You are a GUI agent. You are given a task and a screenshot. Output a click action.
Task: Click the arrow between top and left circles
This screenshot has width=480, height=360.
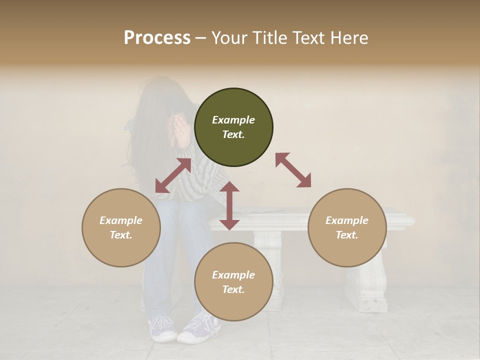tap(173, 175)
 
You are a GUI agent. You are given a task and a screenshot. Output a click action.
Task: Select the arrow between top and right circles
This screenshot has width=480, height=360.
tap(293, 170)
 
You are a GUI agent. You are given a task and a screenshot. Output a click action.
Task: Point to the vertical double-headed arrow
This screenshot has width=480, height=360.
tap(229, 205)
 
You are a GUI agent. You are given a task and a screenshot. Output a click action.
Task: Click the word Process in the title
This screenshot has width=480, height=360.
tap(157, 37)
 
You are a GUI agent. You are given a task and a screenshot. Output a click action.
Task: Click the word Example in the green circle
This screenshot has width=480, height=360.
tap(233, 120)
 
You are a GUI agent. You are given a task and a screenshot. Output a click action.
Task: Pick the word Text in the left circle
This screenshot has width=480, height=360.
tap(121, 235)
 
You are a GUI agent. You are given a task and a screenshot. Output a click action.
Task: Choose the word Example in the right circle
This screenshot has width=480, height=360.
tap(347, 220)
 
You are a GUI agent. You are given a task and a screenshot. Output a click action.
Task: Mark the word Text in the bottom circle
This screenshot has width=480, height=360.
tap(233, 289)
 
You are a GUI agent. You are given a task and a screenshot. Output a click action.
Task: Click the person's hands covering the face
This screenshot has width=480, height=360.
tap(178, 131)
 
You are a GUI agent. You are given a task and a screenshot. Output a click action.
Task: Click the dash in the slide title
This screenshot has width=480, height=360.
tap(201, 38)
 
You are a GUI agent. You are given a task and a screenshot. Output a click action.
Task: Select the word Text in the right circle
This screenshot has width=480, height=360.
tap(347, 235)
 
